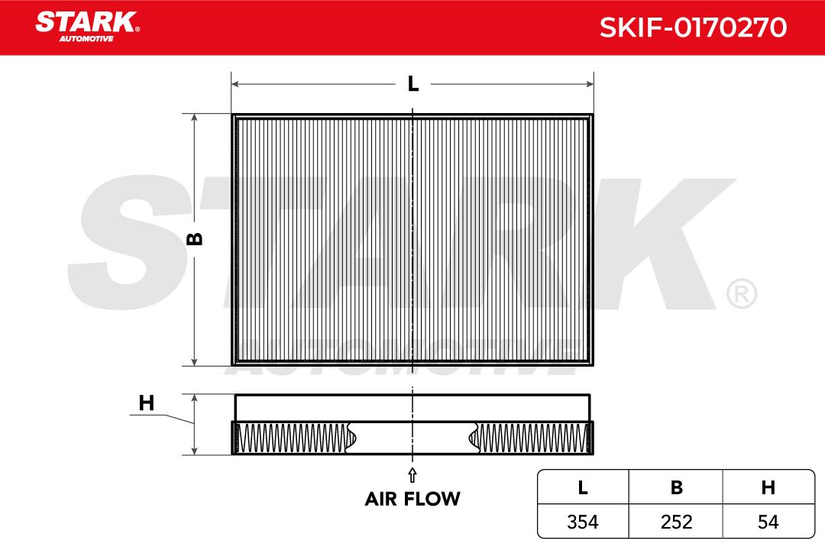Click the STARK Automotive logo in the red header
(87, 26)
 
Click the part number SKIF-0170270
(693, 27)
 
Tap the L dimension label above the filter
(413, 84)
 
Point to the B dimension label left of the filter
(195, 239)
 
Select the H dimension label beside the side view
(146, 403)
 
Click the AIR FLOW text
(412, 499)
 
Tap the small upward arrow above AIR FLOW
(412, 474)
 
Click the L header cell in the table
(582, 488)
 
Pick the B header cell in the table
(677, 488)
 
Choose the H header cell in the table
(768, 488)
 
